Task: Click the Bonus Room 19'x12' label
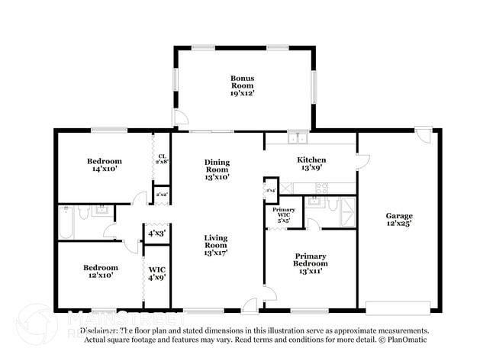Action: click(243, 85)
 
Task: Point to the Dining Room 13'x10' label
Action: click(217, 169)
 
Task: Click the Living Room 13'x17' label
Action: click(216, 245)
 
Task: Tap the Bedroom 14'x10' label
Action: click(103, 166)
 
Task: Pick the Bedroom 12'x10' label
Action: click(101, 272)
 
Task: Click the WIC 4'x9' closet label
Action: click(156, 273)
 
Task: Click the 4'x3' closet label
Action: click(156, 233)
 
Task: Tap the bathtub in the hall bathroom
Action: click(66, 223)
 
